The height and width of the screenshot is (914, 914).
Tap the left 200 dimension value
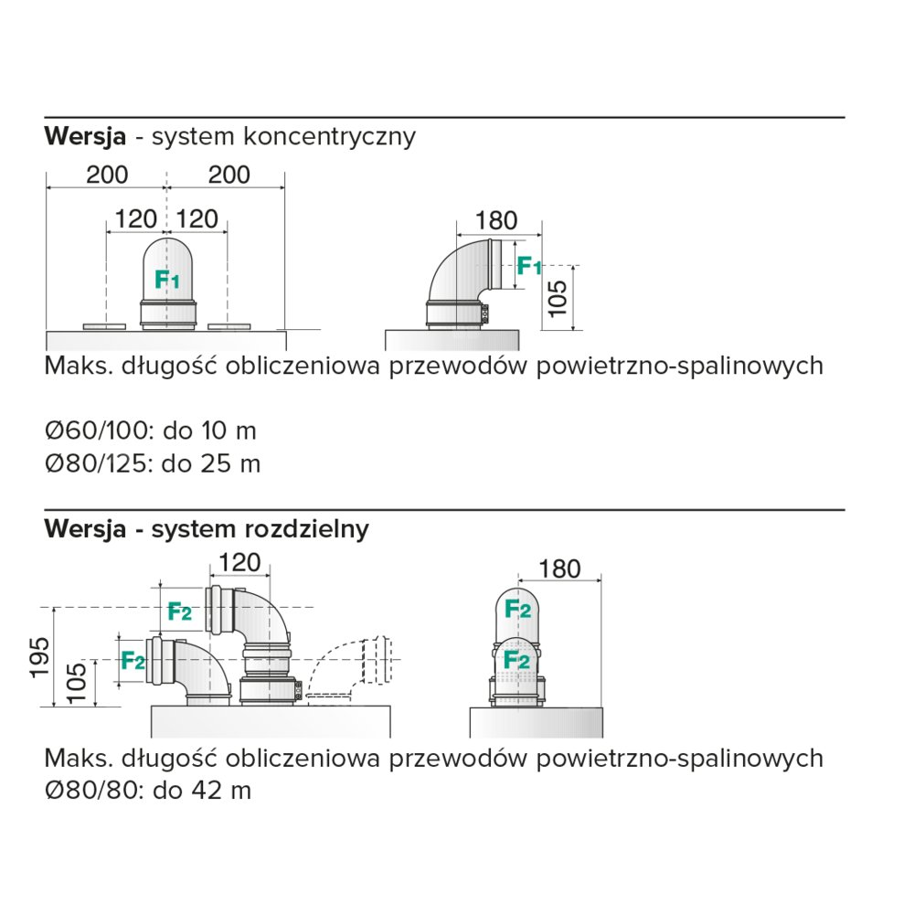point(107,175)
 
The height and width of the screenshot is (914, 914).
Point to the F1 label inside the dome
point(167,280)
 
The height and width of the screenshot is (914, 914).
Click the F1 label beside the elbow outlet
point(529,266)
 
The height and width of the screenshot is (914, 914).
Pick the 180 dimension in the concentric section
point(496,220)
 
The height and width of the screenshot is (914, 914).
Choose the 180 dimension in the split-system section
point(560,569)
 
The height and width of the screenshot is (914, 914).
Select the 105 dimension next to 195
point(78,682)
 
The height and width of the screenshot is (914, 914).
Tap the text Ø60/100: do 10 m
point(151,430)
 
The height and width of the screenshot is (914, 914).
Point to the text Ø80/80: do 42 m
point(147,790)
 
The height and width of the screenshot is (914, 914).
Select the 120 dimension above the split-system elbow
point(239,563)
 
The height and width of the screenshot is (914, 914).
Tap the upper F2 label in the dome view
point(518,609)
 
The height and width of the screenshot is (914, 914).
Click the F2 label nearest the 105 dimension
point(133,660)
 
